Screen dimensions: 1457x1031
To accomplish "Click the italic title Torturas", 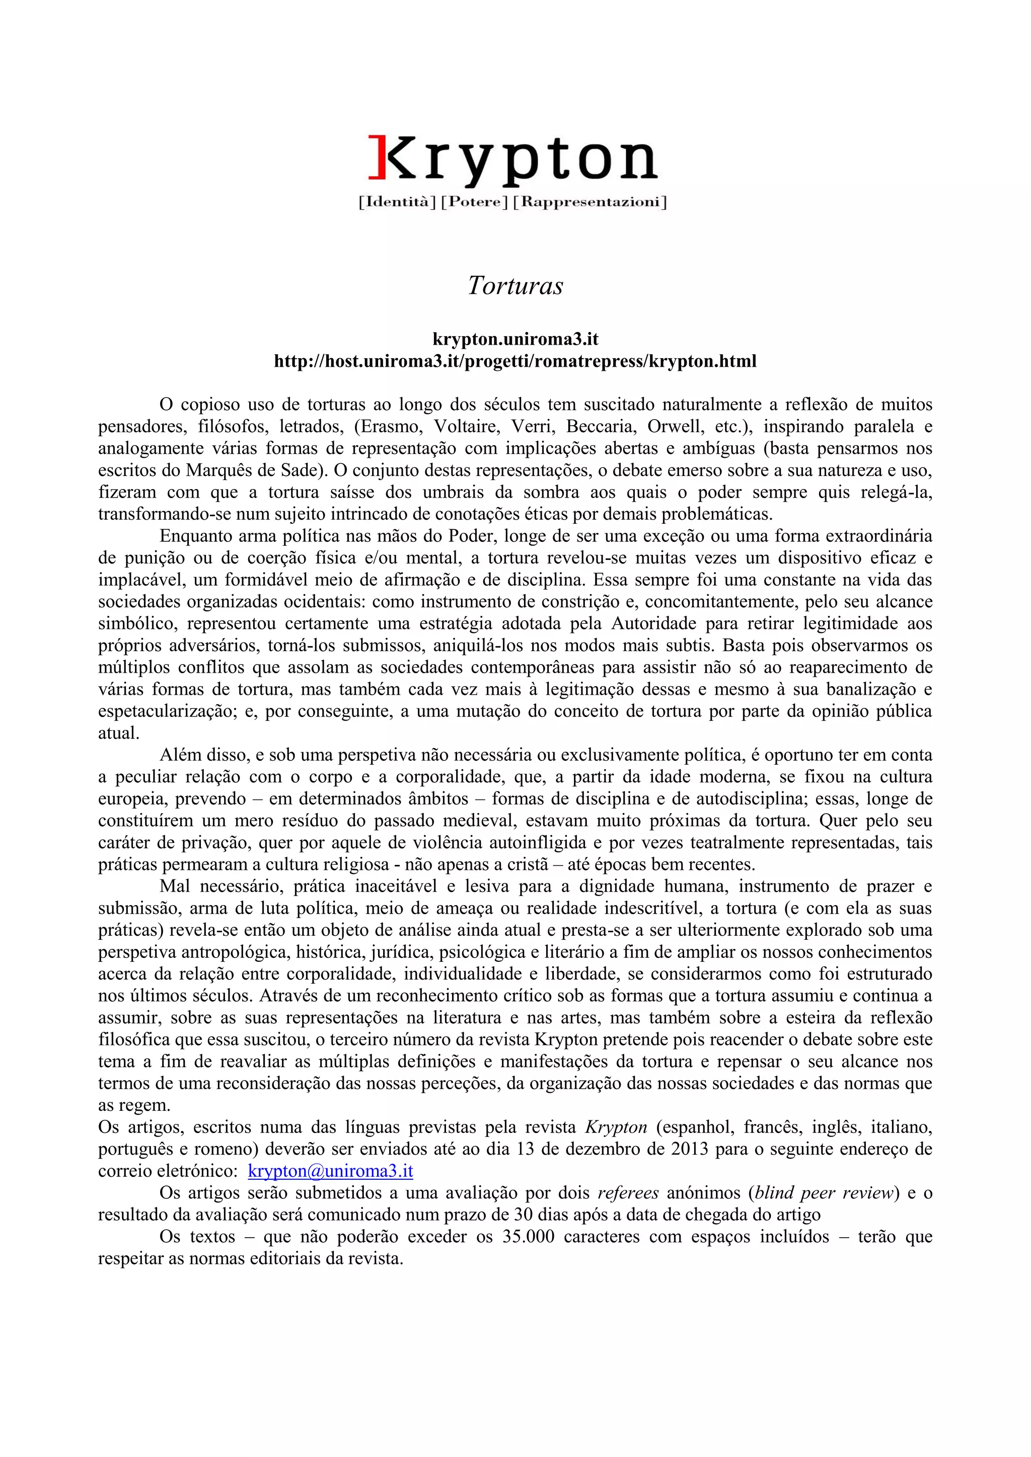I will pyautogui.click(x=515, y=286).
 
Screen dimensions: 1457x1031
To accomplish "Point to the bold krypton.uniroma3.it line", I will pyautogui.click(x=515, y=340).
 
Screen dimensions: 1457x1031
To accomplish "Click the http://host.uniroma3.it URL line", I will pyautogui.click(x=515, y=362).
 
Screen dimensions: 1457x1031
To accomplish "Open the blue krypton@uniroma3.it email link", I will pyautogui.click(x=330, y=1171).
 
